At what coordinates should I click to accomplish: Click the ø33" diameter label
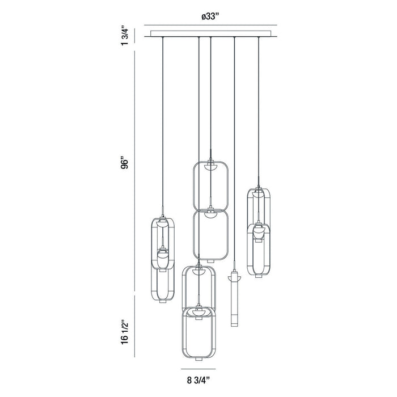point(210,16)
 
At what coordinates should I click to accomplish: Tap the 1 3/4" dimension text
point(125,35)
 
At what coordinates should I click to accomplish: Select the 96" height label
point(125,164)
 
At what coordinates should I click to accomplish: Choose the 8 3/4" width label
point(198,381)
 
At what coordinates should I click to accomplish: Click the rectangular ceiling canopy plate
point(210,33)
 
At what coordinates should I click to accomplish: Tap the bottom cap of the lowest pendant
point(198,360)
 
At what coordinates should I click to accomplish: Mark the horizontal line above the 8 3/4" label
point(198,369)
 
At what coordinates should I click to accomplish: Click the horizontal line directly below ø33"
point(210,25)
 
